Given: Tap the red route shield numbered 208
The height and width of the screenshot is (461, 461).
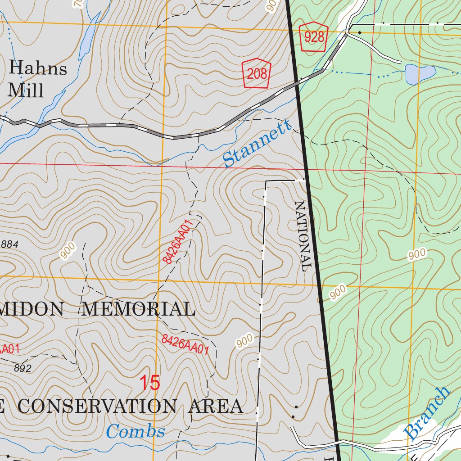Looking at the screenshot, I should tap(257, 73).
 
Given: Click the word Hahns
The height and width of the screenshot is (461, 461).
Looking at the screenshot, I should tap(38, 69).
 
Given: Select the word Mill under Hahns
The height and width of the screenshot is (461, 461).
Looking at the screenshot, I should tap(26, 90).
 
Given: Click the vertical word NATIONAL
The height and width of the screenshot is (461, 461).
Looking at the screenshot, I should tap(303, 236).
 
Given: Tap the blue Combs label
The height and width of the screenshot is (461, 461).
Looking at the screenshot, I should tap(136, 432).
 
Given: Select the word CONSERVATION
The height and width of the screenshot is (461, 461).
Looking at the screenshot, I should tap(97, 406).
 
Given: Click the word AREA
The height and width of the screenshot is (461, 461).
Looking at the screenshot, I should tap(216, 406).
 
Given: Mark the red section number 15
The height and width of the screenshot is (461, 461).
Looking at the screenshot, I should tap(149, 383).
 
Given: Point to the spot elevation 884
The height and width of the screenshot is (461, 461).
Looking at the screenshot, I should tap(9, 244).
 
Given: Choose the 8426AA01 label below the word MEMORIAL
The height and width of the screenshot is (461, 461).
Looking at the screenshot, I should tap(185, 344).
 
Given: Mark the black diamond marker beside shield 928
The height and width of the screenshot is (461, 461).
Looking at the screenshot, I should tap(360, 32).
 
